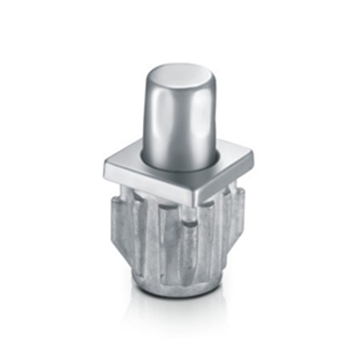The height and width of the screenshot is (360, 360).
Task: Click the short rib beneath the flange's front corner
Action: click(x=191, y=234)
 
